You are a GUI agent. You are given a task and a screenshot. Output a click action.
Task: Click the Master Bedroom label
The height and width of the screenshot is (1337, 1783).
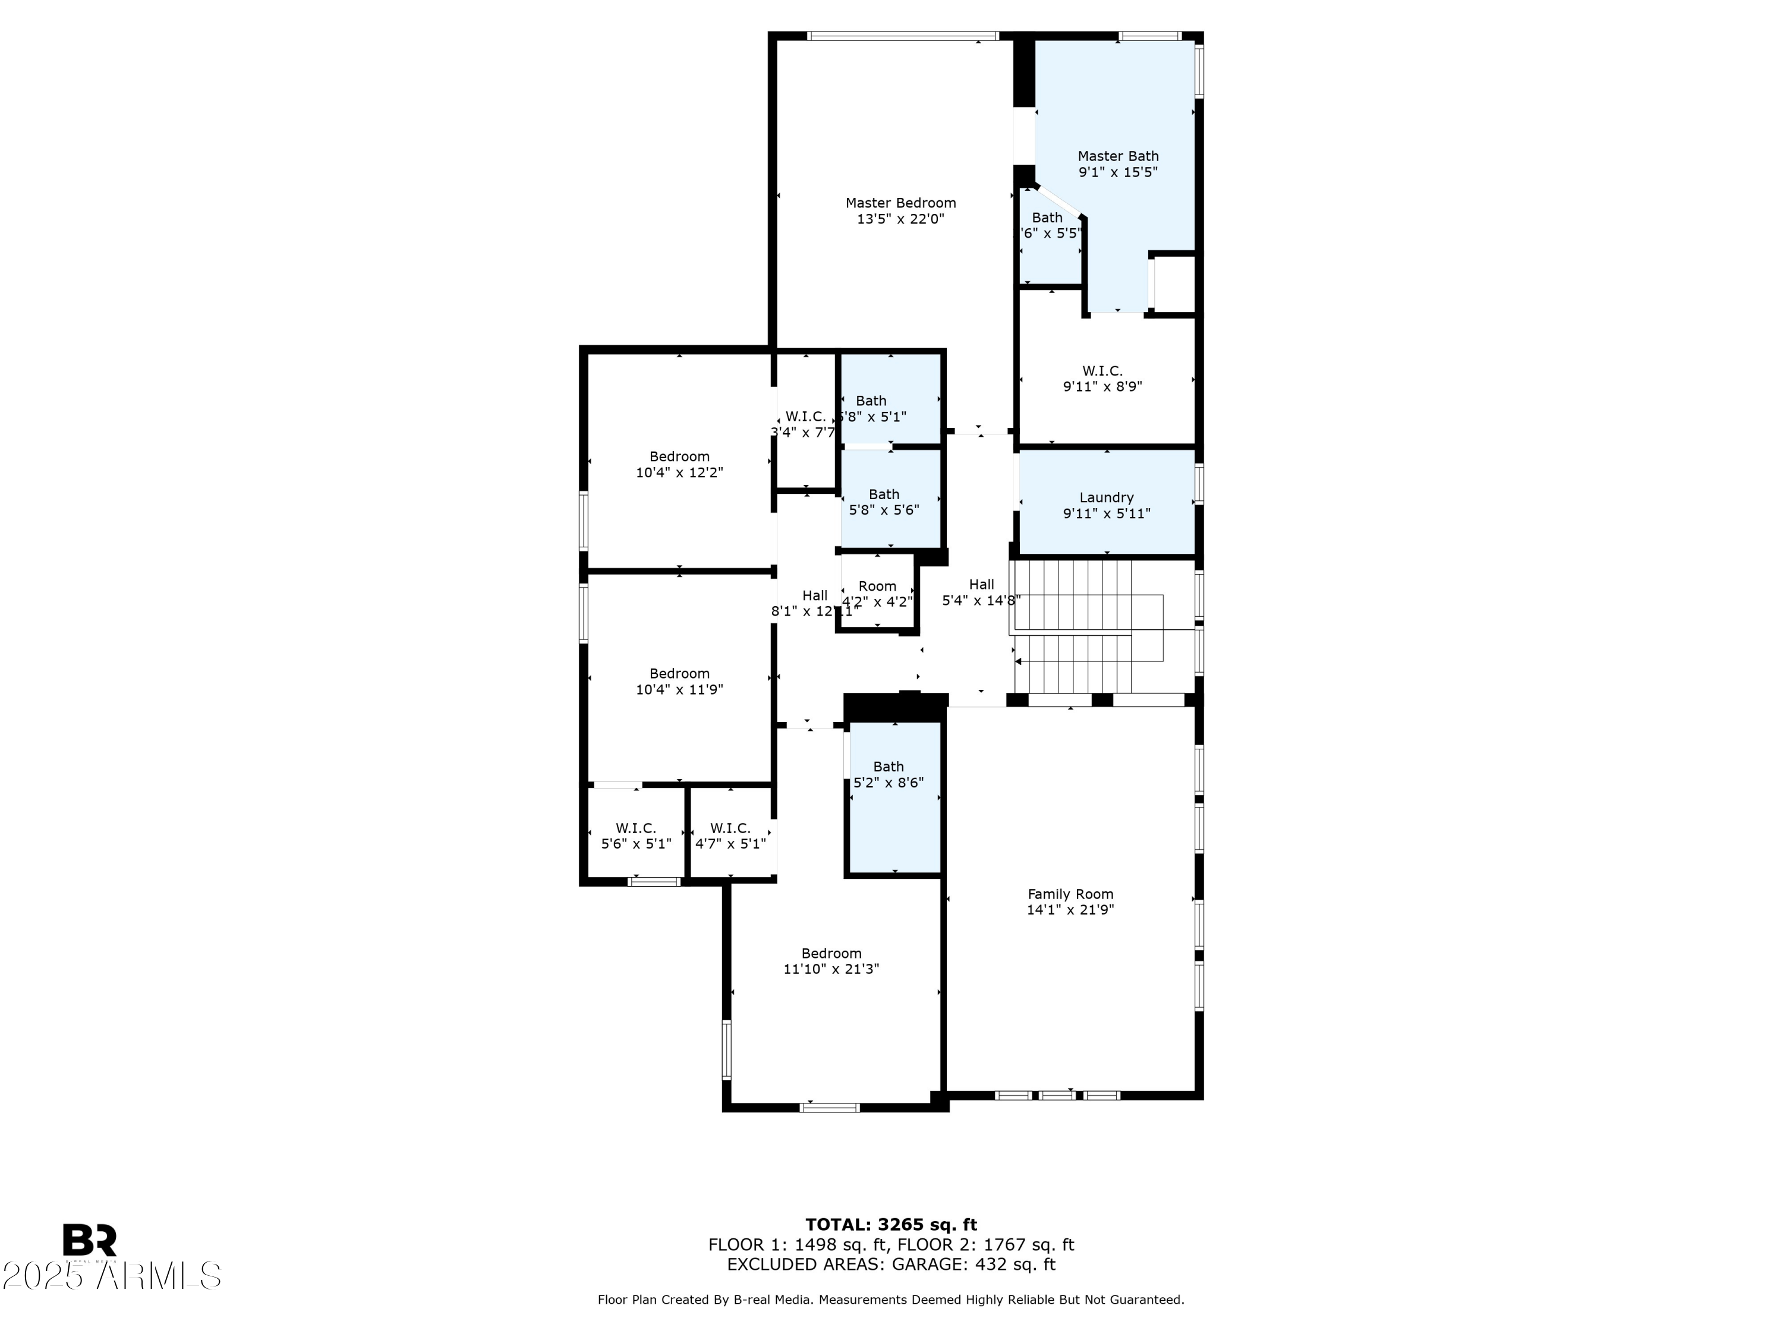900,203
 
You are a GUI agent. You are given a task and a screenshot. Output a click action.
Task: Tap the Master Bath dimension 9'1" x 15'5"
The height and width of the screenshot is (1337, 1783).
1118,172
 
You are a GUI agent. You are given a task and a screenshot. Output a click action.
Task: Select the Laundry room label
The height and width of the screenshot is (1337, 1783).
1106,498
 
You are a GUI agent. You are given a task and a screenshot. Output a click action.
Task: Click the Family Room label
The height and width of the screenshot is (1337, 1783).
1070,894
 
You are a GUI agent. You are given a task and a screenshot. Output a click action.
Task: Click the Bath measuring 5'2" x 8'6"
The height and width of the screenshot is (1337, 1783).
889,774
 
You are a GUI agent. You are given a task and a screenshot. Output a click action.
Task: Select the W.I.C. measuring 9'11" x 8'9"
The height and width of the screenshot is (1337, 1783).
1102,378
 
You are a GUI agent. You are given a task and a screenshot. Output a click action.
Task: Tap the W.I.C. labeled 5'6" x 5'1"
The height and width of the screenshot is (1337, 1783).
636,835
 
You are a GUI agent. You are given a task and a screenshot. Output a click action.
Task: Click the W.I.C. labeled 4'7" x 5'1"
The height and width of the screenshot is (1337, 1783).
730,835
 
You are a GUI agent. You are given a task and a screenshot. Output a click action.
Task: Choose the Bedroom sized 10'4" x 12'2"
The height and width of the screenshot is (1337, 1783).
679,464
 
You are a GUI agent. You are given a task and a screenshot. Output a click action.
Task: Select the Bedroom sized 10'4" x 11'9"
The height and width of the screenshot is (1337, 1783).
679,681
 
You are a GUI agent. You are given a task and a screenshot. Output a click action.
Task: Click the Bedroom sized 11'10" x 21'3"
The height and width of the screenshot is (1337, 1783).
831,961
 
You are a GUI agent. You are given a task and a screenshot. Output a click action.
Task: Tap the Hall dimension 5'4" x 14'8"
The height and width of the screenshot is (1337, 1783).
981,600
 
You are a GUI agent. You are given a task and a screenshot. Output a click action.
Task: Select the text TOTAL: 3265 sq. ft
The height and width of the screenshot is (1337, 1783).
891,1225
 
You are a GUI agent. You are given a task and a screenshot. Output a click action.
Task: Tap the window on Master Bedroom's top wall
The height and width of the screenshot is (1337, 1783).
903,36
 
